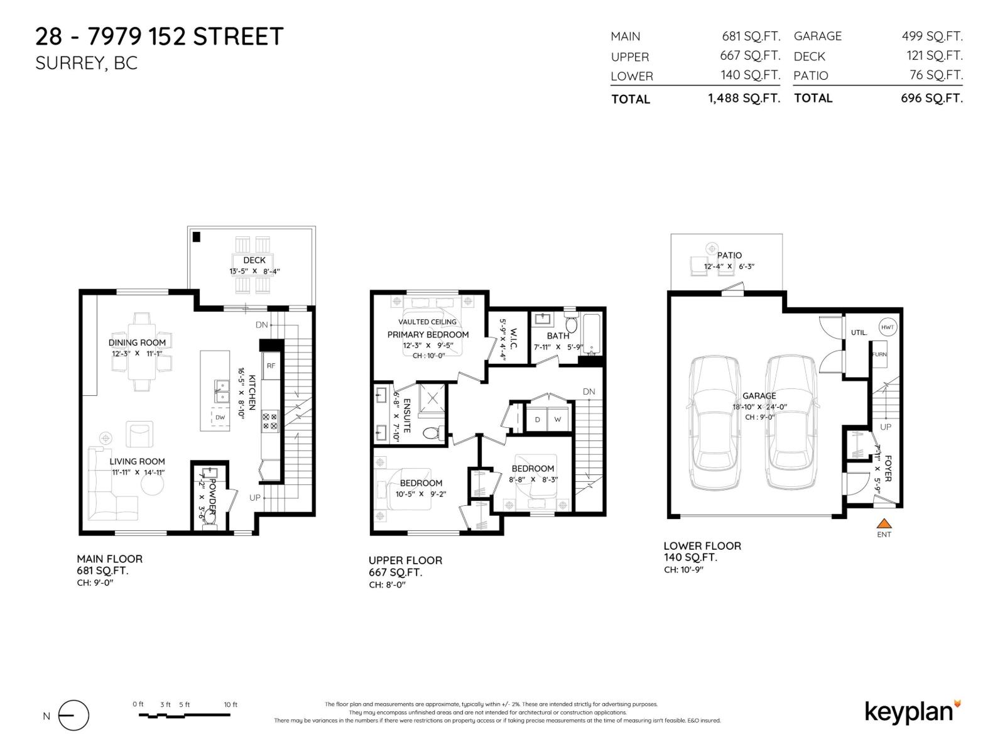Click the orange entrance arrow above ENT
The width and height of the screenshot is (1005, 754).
tap(884, 523)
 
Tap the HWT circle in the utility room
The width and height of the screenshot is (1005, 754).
tap(887, 327)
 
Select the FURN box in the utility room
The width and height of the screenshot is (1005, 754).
tap(879, 355)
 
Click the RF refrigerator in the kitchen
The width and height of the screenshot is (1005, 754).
tap(271, 366)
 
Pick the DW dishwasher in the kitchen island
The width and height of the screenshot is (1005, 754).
tap(220, 417)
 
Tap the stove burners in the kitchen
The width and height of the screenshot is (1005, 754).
tap(270, 421)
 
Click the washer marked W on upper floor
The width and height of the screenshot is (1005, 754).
tap(557, 419)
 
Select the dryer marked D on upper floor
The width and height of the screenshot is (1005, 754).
tap(537, 419)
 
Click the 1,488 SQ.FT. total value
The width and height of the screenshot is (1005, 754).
tap(744, 99)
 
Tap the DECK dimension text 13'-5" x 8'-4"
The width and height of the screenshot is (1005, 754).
tap(254, 271)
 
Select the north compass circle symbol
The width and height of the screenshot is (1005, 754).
tap(74, 716)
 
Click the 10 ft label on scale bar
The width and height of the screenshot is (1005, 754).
tap(231, 704)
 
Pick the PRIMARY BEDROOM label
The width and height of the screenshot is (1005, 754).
tap(428, 334)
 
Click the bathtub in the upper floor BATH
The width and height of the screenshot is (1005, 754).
tap(592, 335)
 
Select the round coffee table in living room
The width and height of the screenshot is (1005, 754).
tap(151, 484)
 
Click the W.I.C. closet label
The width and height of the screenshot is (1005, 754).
tap(513, 339)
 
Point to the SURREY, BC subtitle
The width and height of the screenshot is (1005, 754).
tap(86, 63)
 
